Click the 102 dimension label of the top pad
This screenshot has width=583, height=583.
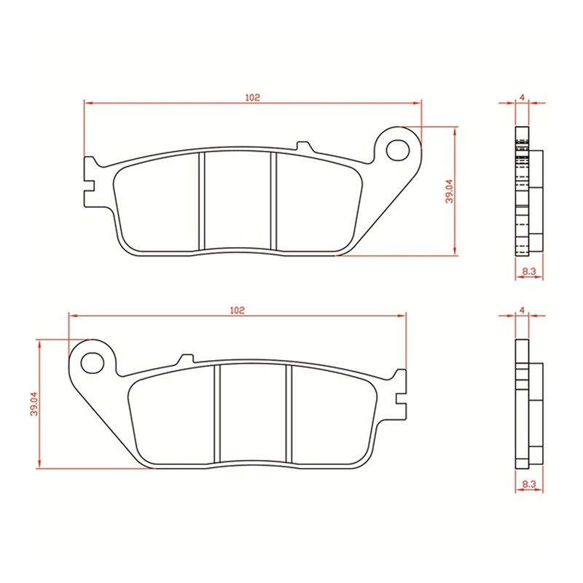(253, 97)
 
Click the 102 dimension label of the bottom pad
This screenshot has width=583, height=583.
(236, 310)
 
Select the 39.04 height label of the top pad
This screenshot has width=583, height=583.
(450, 191)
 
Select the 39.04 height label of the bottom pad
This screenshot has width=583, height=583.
(33, 404)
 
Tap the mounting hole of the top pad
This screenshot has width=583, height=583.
(399, 149)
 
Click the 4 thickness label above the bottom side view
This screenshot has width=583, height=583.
(522, 310)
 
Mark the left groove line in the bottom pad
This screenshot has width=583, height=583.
(216, 414)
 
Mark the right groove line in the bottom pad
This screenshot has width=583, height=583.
(288, 414)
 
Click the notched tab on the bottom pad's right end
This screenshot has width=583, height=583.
(399, 394)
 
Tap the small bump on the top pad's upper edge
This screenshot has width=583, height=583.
(305, 146)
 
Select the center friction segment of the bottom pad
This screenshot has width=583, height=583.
(252, 414)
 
